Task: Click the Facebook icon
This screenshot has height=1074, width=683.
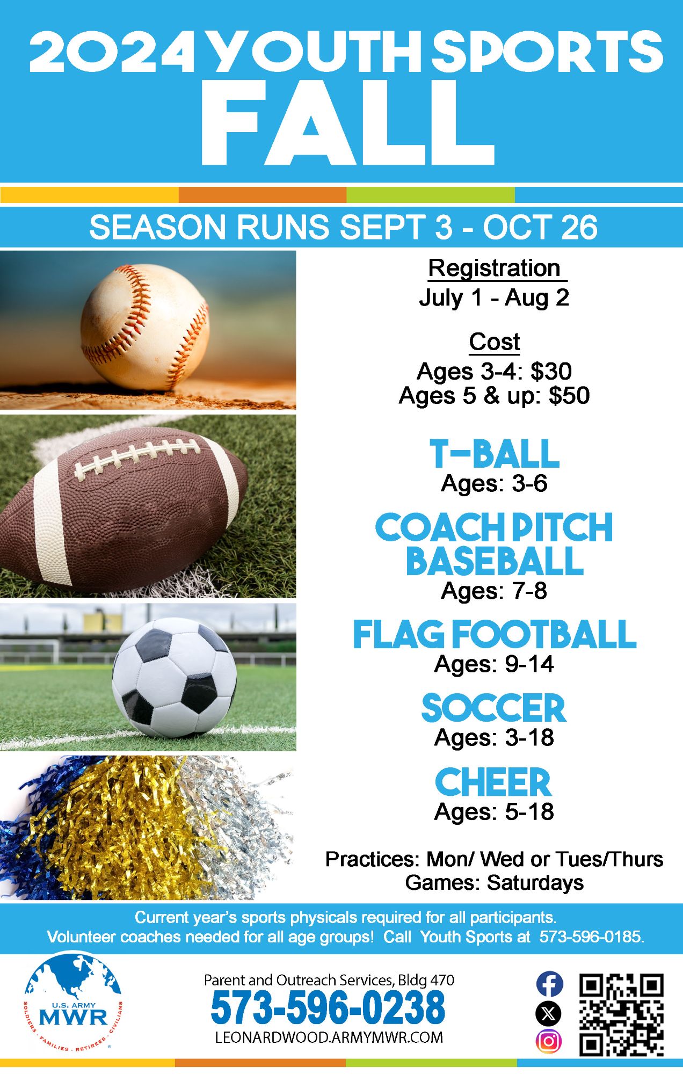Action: click(x=549, y=984)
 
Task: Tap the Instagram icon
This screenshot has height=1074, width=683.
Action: click(x=549, y=1041)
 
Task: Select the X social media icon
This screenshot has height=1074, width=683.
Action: click(x=549, y=1013)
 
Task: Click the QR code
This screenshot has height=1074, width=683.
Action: click(x=622, y=1014)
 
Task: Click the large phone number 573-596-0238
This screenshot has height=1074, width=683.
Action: click(x=328, y=1008)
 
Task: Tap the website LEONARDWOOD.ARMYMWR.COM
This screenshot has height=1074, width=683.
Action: click(x=329, y=1037)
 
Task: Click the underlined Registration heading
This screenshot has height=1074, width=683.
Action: click(x=494, y=268)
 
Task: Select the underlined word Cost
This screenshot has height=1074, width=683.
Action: click(x=495, y=342)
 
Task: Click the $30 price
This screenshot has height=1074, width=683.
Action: click(x=551, y=371)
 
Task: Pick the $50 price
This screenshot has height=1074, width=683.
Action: click(x=569, y=395)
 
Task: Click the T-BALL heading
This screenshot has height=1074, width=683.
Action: click(x=495, y=454)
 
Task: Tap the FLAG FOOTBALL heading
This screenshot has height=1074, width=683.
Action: click(x=495, y=634)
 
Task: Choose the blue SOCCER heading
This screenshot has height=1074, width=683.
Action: click(x=494, y=708)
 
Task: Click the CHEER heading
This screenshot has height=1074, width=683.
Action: click(x=493, y=782)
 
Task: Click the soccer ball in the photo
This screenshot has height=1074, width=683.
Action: click(x=174, y=679)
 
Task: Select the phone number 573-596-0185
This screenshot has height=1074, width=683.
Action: click(x=591, y=937)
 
